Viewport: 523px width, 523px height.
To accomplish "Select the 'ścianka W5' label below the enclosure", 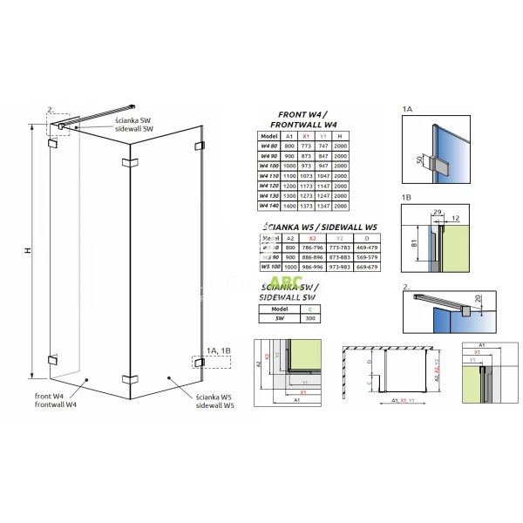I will tap(213, 397).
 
